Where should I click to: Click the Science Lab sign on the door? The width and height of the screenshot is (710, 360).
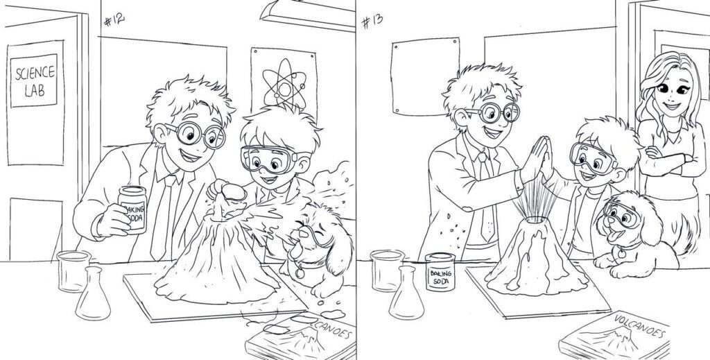(34, 80)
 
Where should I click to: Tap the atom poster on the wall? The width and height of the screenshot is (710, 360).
(284, 83)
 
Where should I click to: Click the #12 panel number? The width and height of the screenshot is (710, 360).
(114, 19)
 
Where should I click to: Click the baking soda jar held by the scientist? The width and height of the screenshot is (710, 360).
(132, 209)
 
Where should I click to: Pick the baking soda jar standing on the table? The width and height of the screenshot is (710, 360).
(440, 272)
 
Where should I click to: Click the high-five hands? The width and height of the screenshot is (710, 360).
(537, 160)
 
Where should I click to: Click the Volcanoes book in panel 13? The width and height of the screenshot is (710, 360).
(614, 336)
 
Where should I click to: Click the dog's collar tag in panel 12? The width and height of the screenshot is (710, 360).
(300, 273)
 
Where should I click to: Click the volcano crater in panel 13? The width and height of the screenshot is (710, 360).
(535, 220)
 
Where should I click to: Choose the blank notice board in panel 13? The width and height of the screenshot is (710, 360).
(425, 76)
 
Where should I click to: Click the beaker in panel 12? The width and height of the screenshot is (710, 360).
(73, 271)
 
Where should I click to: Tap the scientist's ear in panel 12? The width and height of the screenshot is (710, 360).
(160, 133)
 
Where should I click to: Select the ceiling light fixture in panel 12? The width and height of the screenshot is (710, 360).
(308, 16)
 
